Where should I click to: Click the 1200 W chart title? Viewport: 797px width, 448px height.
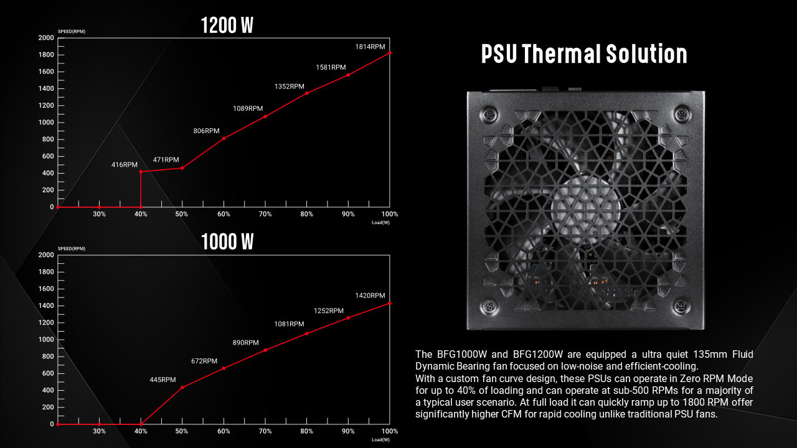click(x=227, y=26)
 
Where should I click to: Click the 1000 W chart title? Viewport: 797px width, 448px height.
click(x=227, y=241)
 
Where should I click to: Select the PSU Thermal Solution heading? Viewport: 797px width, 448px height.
click(x=584, y=54)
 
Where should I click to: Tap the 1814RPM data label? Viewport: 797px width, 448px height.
click(x=370, y=47)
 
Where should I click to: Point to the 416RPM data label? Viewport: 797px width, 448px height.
click(x=125, y=165)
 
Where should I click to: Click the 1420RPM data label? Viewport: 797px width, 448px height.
click(x=370, y=296)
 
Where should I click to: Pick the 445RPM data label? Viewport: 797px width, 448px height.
click(x=163, y=380)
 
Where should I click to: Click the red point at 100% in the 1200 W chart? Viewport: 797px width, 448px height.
click(x=390, y=53)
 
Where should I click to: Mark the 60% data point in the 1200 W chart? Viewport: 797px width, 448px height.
click(x=224, y=138)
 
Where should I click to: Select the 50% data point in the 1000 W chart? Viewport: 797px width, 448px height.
click(x=182, y=387)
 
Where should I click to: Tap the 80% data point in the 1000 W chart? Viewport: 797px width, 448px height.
click(x=306, y=334)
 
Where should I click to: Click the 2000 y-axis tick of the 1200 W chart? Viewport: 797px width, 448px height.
click(x=46, y=38)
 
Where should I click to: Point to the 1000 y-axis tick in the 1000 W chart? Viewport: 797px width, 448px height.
click(x=46, y=339)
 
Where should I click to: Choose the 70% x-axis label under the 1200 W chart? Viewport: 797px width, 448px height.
click(x=265, y=214)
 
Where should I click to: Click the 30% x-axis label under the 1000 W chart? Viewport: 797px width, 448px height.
click(x=99, y=431)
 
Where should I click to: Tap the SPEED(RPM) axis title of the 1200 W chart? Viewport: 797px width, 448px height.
click(x=71, y=31)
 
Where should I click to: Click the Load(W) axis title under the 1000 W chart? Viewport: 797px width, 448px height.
click(x=380, y=439)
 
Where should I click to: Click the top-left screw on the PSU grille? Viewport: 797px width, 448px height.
click(x=490, y=115)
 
